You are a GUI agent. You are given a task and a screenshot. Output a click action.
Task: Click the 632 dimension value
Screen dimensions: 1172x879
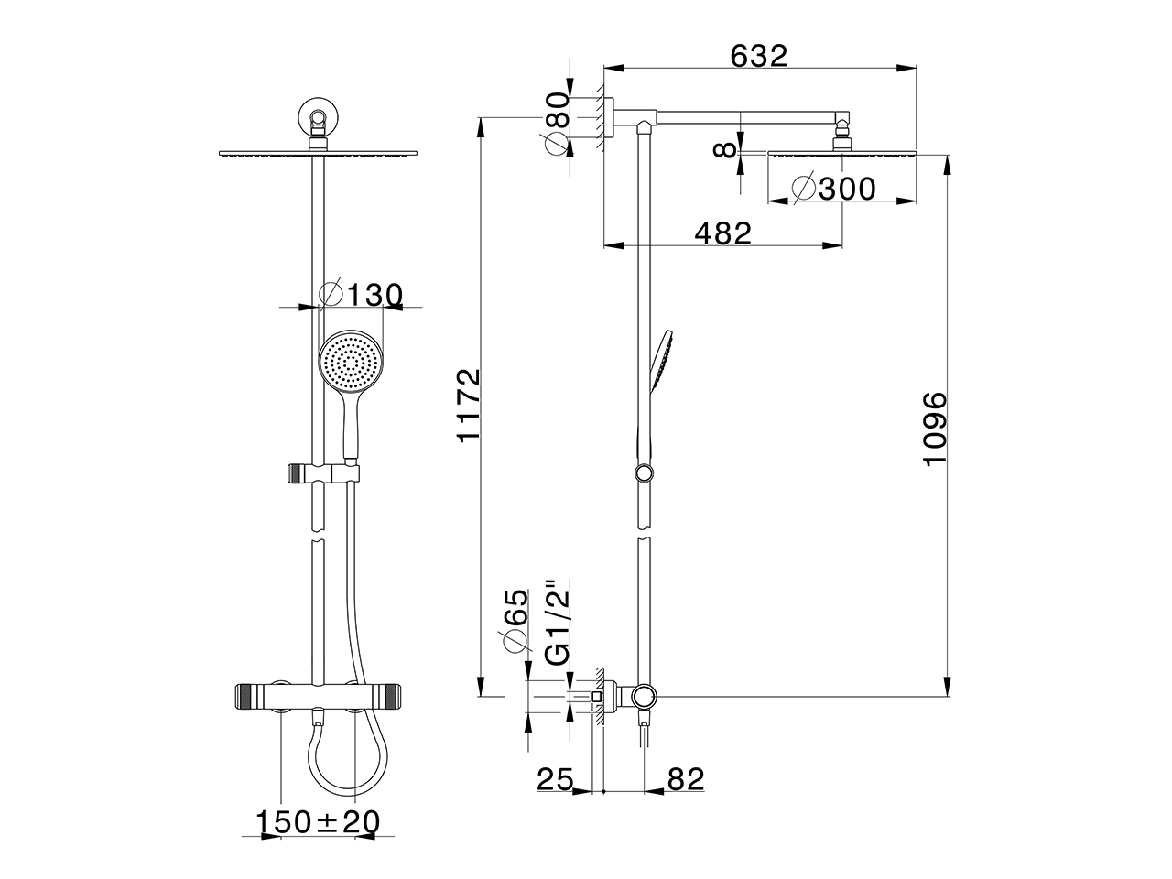pos(758,56)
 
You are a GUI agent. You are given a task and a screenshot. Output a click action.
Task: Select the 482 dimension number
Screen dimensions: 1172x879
pos(722,233)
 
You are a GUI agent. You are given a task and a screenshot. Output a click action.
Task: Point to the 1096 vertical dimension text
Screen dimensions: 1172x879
pos(935,429)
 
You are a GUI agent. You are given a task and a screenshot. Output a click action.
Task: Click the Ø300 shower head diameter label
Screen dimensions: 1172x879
pos(834,188)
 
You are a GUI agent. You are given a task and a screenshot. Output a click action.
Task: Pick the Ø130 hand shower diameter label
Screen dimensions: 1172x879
pos(361,294)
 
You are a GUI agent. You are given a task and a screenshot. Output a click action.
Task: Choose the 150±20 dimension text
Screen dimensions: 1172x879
pos(319,821)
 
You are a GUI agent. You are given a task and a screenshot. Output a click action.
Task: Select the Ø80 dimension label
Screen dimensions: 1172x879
pos(559,123)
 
